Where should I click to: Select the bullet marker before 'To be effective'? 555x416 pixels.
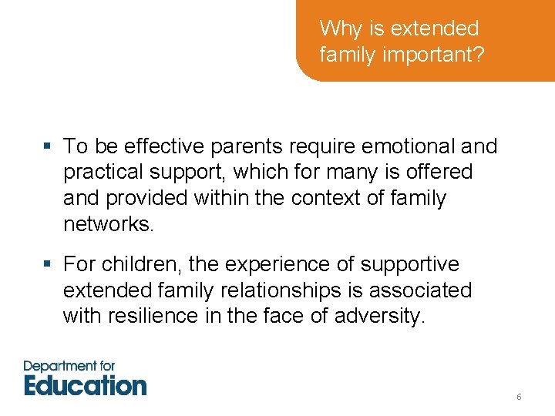point(48,146)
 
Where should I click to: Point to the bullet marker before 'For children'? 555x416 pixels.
point(48,265)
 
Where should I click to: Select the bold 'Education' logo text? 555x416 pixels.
point(85,384)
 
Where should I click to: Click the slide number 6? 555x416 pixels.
point(519,397)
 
